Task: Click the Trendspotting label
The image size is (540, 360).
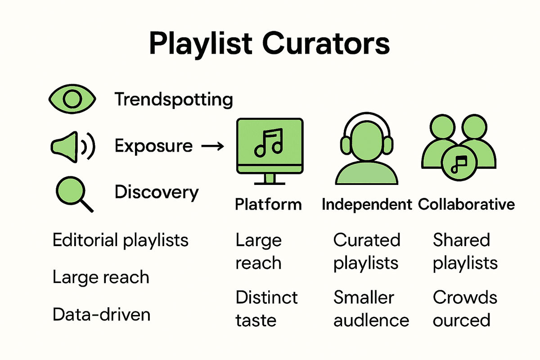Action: pyautogui.click(x=174, y=99)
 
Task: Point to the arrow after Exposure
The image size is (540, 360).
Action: pyautogui.click(x=211, y=146)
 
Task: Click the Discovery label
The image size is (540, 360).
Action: pyautogui.click(x=157, y=192)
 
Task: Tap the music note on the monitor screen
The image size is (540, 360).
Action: pyautogui.click(x=268, y=143)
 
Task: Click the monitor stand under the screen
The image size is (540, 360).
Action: pyautogui.click(x=269, y=179)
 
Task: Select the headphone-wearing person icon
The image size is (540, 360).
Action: pyautogui.click(x=366, y=151)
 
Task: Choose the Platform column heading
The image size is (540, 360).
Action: pyautogui.click(x=268, y=205)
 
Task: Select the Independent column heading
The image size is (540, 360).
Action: pyautogui.click(x=367, y=205)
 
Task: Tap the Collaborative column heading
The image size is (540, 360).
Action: pyautogui.click(x=466, y=205)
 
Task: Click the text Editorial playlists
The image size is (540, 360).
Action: pyautogui.click(x=120, y=240)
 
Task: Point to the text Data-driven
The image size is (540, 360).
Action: pyautogui.click(x=101, y=314)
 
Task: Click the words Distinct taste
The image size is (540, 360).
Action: pyautogui.click(x=266, y=309)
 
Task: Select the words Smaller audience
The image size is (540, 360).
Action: pyautogui.click(x=371, y=309)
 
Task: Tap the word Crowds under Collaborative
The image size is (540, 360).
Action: pyautogui.click(x=465, y=297)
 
